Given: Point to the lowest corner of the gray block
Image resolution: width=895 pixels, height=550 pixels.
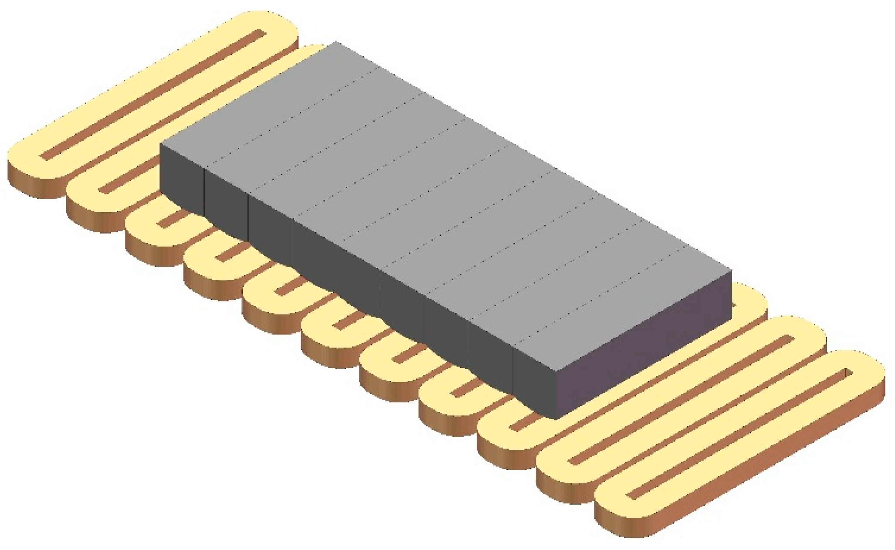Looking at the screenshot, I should coord(557,419).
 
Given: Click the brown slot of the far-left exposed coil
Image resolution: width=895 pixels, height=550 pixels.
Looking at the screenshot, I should coord(153,94).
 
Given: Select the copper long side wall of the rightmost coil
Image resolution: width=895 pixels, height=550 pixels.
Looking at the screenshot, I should coord(741,492).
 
